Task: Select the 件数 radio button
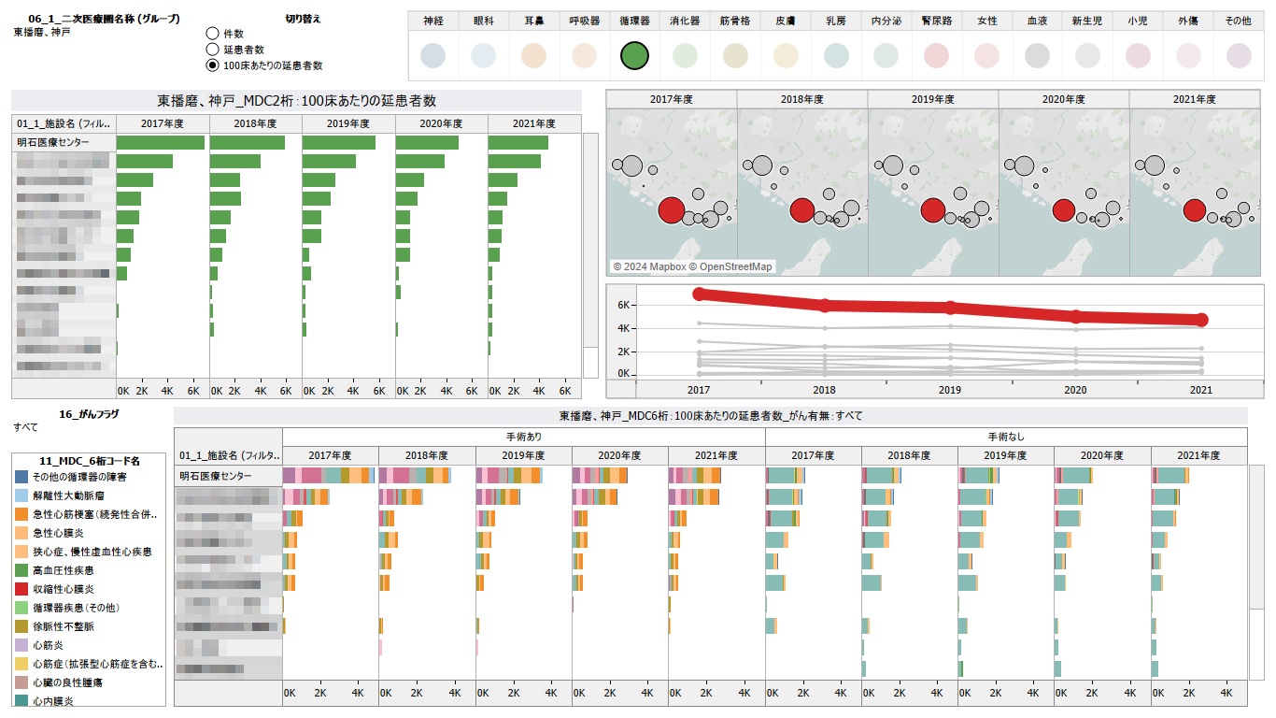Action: [x=213, y=34]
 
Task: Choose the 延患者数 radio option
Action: [x=213, y=50]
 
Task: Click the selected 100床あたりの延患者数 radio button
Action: [x=213, y=65]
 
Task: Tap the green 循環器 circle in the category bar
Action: [x=634, y=56]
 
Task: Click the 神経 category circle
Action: [x=433, y=56]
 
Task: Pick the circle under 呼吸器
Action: [x=584, y=56]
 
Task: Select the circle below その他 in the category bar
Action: [x=1239, y=56]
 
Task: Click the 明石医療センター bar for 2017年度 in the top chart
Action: [x=160, y=142]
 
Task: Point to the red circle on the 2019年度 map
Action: [x=932, y=210]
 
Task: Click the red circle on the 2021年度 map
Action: [x=1194, y=210]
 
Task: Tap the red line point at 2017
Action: [x=700, y=294]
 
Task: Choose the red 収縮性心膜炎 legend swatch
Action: [x=21, y=589]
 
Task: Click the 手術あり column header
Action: [x=523, y=437]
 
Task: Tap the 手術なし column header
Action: [x=1005, y=437]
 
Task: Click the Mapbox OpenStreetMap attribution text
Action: [x=692, y=266]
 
